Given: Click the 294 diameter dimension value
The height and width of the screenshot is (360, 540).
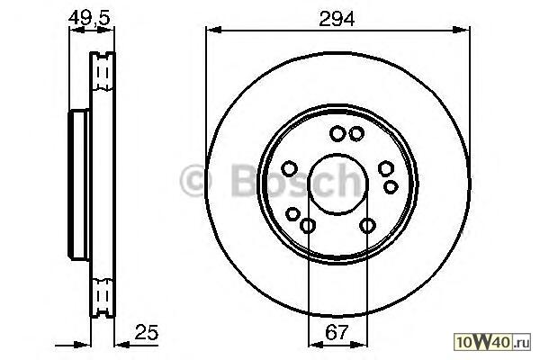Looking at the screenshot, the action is point(337,19).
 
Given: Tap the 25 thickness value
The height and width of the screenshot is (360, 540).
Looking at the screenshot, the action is point(147,332).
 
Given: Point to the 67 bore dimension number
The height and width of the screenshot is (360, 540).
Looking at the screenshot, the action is point(337,332).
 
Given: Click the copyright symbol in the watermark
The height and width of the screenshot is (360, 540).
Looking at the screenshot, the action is point(195,180).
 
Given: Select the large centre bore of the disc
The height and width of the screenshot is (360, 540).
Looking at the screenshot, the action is point(337,184).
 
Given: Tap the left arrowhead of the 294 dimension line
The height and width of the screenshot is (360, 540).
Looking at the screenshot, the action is point(213,31).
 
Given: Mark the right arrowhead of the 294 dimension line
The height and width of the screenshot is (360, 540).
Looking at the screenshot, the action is point(462,31).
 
